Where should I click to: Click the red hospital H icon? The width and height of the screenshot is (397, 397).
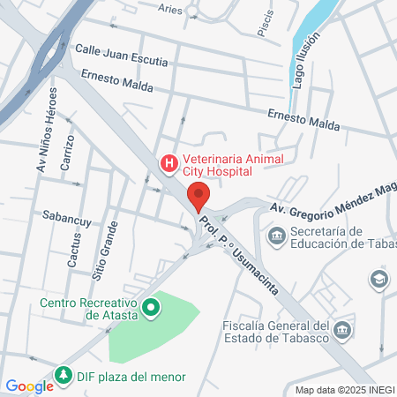point(168,163)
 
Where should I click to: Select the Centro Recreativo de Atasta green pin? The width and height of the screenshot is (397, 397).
point(151,307)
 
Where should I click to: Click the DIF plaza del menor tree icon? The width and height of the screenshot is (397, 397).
point(64,376)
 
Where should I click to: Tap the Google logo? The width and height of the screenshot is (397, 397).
point(29,386)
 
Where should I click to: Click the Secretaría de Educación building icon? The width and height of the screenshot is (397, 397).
point(276,235)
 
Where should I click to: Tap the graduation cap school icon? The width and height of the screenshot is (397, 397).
point(378,280)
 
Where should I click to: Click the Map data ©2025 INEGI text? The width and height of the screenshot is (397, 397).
point(343,390)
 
